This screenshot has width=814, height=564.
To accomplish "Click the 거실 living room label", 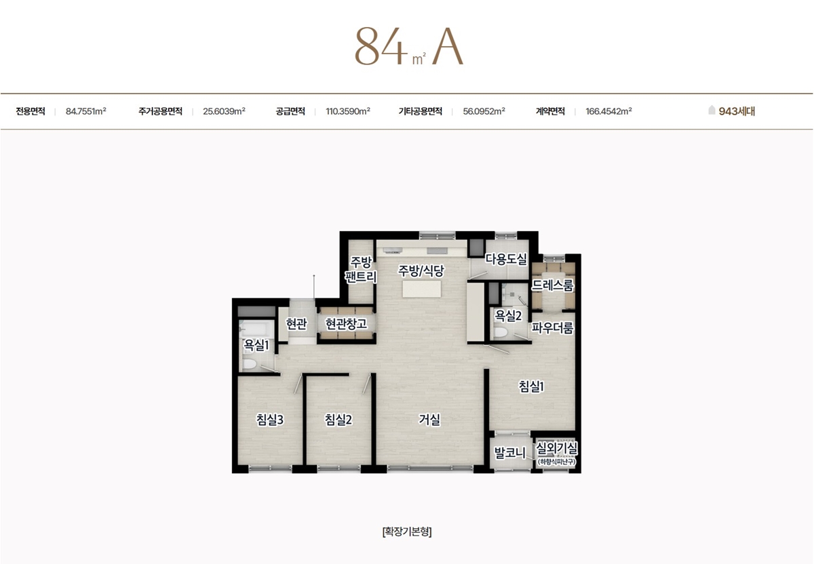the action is pos(429,420).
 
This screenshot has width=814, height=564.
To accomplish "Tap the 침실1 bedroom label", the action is pos(531,386).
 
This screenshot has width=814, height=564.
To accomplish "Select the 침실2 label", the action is pos(338,420).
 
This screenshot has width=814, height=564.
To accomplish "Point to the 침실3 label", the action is pos(270,420).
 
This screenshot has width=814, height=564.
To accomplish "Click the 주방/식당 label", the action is pos(421,270).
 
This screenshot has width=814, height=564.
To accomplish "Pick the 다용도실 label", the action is pos(506,258).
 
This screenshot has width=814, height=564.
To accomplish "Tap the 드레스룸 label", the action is pos(553,285).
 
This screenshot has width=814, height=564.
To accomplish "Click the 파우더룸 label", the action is pos(553,327).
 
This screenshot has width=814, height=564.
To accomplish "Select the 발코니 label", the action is pos(510,453).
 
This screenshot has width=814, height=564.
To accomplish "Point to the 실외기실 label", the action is pos(557,449).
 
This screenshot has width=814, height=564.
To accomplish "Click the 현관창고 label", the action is pos(346,323).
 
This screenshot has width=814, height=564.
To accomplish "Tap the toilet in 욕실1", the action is pos(250,364).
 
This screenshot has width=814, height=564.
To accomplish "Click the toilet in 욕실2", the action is pos(501,332).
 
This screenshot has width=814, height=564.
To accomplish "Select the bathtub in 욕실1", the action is pos(256,329).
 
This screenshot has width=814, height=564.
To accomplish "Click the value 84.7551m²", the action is pos(85,111).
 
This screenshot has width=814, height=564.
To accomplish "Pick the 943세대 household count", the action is pos(737,111).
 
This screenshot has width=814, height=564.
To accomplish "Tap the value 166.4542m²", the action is pos(608,111).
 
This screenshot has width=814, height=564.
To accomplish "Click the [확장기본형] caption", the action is pos(407,531).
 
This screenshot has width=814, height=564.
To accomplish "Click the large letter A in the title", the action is pos(448,47).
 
